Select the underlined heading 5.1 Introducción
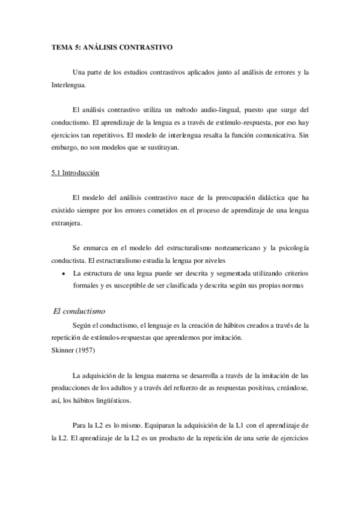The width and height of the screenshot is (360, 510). tap(75, 173)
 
